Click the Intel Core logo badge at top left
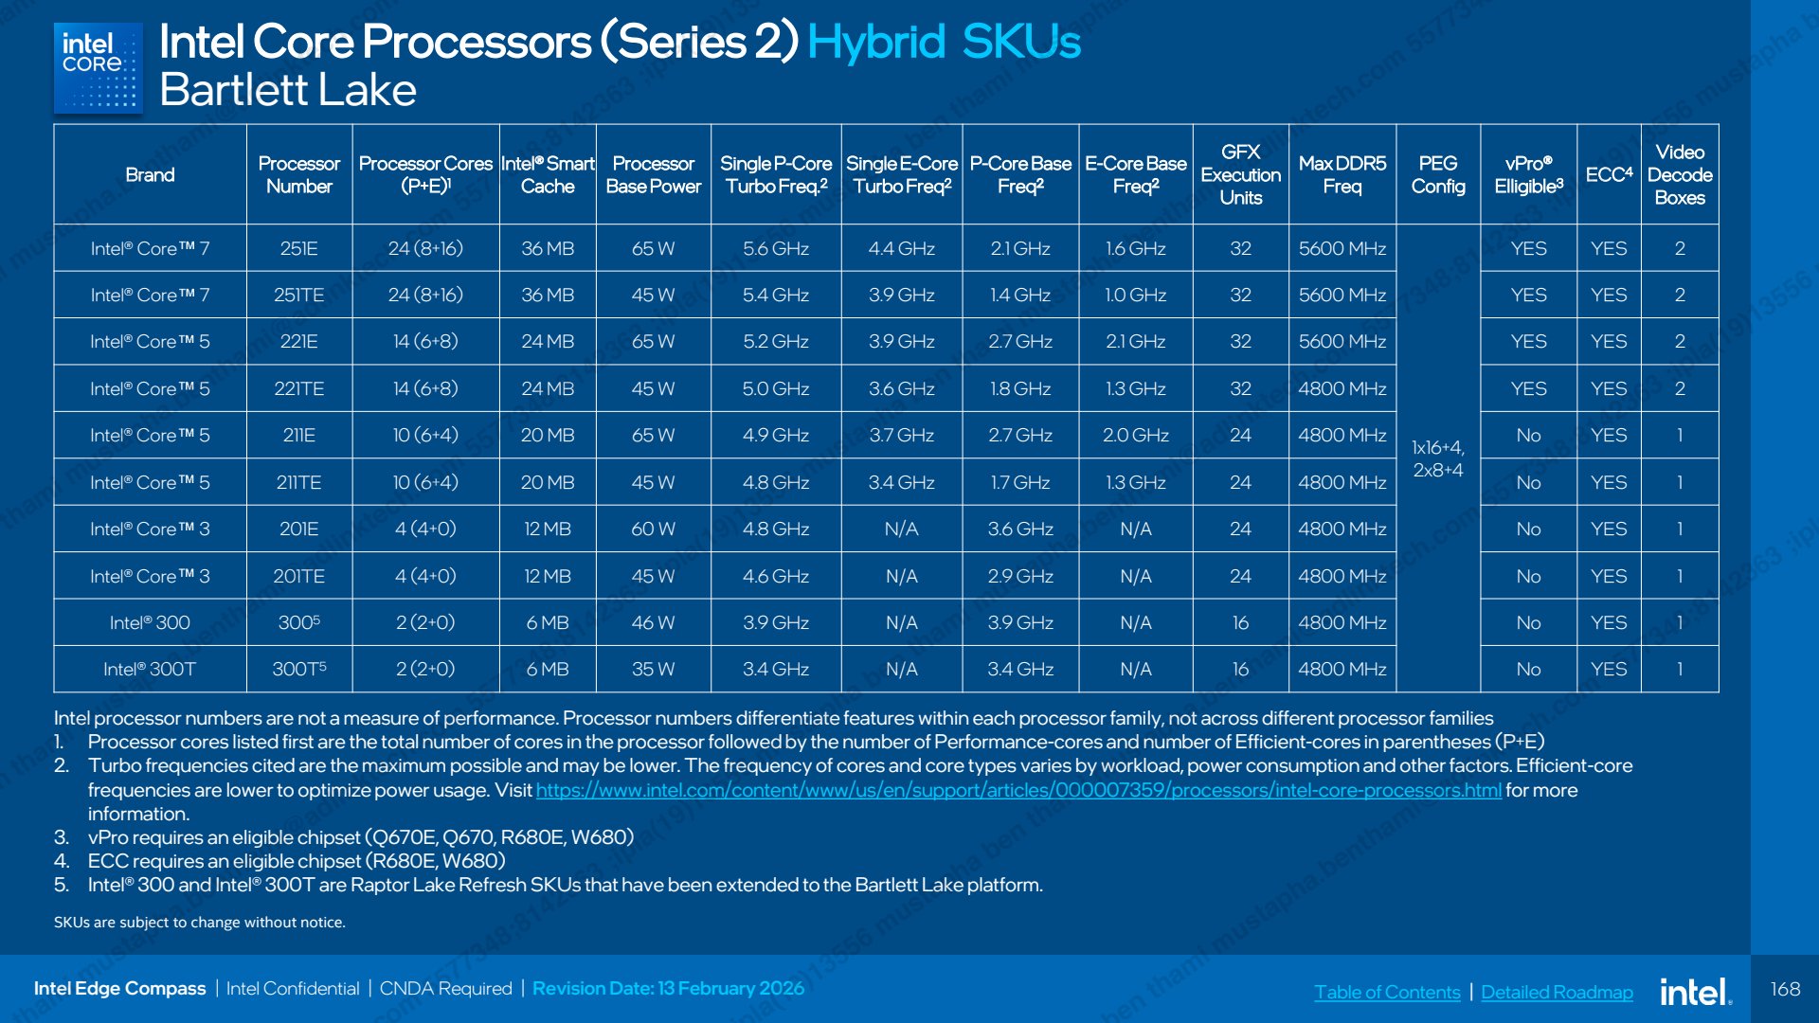click(x=99, y=68)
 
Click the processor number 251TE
click(x=298, y=296)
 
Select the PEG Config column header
click(x=1437, y=175)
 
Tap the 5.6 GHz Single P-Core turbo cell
click(x=775, y=248)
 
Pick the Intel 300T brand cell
click(x=150, y=670)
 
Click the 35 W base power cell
click(x=653, y=670)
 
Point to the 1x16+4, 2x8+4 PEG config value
click(x=1437, y=458)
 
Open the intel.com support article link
click(x=1018, y=790)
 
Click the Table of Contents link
click(x=1387, y=992)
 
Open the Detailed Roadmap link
click(x=1557, y=992)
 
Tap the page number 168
click(x=1785, y=989)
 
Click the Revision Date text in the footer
click(x=668, y=989)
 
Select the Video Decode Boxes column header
click(x=1679, y=175)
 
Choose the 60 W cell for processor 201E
click(x=653, y=529)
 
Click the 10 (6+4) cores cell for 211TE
click(x=425, y=483)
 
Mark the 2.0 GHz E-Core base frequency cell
click(x=1135, y=436)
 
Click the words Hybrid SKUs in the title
click(x=944, y=43)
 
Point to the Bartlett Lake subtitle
click(x=288, y=91)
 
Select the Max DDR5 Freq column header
click(x=1342, y=175)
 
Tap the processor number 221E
click(x=298, y=342)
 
